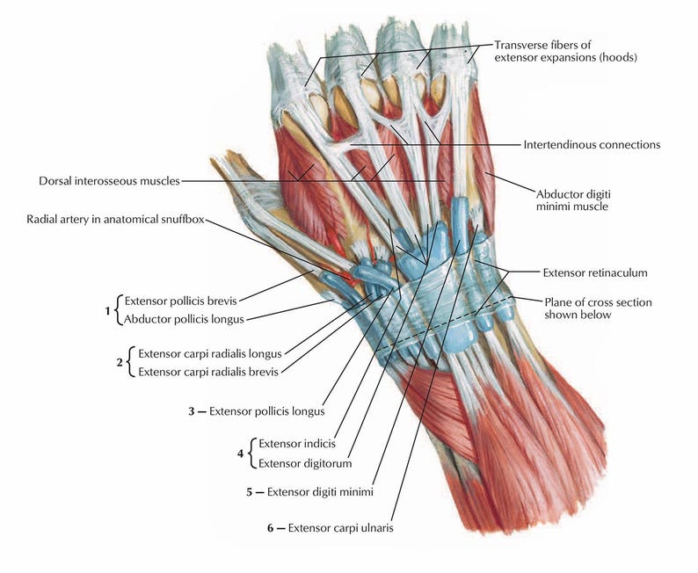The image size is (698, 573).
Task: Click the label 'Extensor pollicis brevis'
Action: click(x=179, y=299)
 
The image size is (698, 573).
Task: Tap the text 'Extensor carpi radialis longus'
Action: click(x=209, y=353)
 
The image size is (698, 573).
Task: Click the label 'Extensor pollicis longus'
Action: click(x=267, y=410)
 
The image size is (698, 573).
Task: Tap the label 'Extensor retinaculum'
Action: click(x=594, y=272)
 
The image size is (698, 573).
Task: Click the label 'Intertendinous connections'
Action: click(x=591, y=144)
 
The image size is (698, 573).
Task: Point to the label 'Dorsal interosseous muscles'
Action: click(x=109, y=181)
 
